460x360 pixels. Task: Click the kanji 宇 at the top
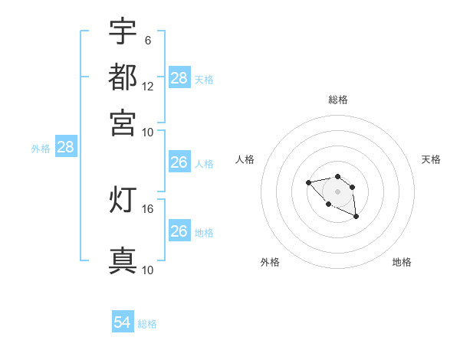(x=123, y=31)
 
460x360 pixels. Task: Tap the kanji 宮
(x=123, y=122)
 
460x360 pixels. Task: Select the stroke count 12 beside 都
(x=147, y=87)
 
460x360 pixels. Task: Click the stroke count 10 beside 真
(x=147, y=270)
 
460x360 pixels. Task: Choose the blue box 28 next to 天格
(x=179, y=78)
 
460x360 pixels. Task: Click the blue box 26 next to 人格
(x=179, y=162)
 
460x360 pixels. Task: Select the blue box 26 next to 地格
(x=179, y=231)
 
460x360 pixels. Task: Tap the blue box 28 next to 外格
(x=66, y=148)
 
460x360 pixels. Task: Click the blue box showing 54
(x=122, y=322)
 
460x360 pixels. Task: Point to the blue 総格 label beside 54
(x=147, y=324)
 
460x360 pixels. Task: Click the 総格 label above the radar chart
(x=337, y=100)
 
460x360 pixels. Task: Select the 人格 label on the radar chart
(x=245, y=159)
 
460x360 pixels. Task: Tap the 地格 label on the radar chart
(x=402, y=262)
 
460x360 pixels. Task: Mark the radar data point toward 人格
(x=308, y=182)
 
